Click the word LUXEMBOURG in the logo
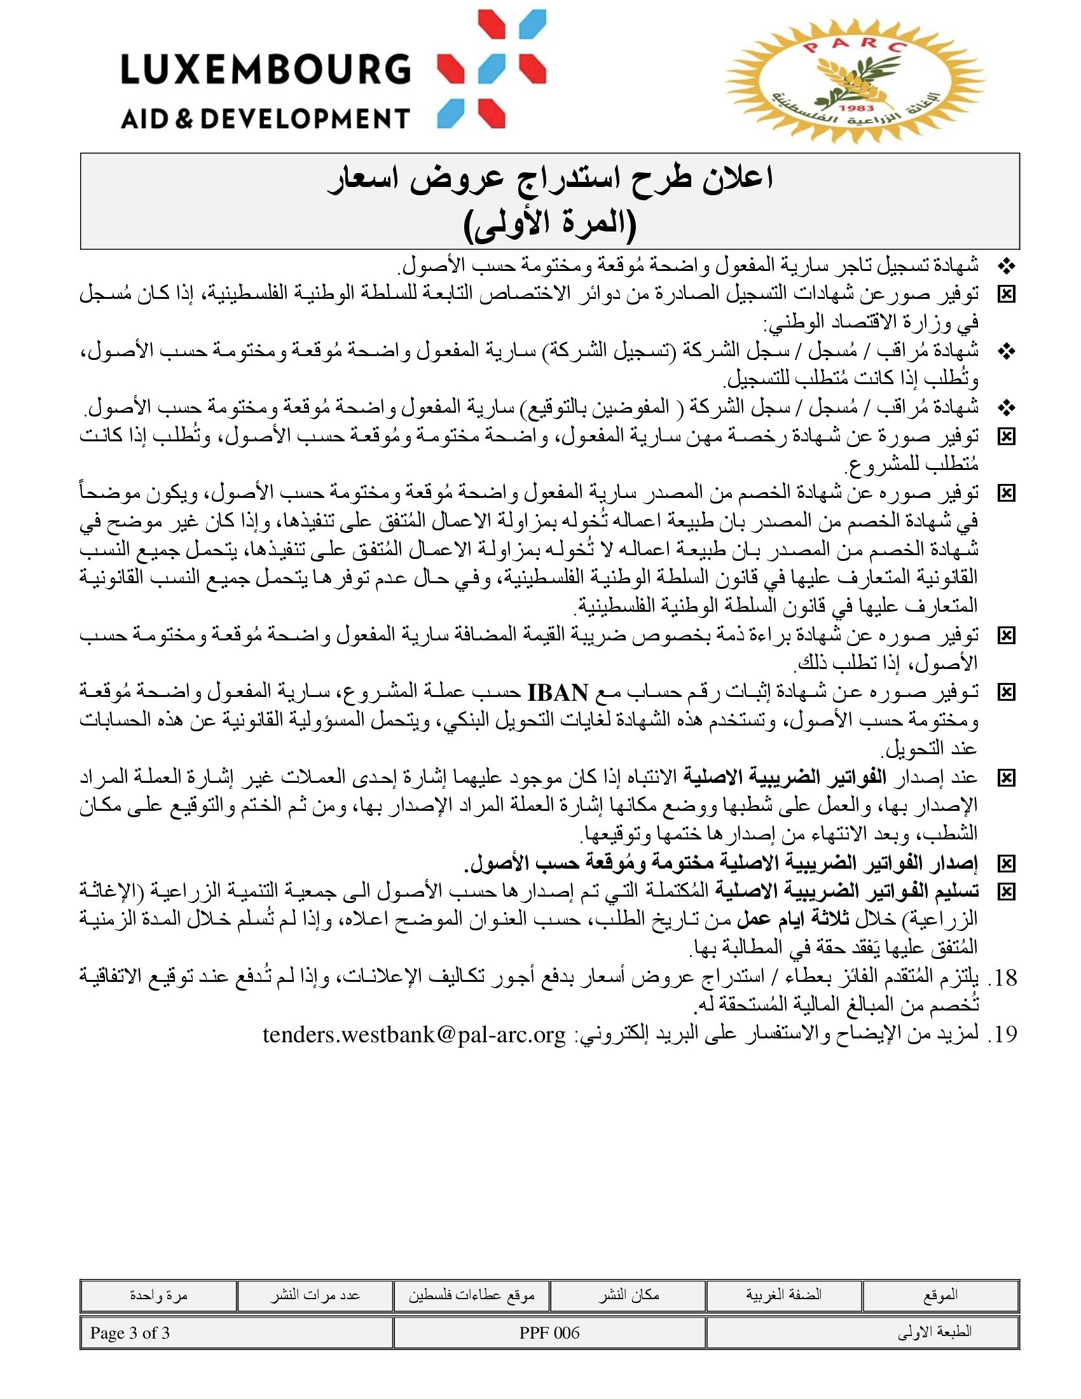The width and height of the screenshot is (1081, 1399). [265, 69]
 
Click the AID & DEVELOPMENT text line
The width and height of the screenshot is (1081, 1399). [265, 118]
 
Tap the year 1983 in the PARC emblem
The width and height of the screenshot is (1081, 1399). [858, 109]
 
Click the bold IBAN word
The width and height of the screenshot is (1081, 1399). [557, 693]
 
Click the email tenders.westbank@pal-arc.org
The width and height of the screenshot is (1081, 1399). [415, 1035]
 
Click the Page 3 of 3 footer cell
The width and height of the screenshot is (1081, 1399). [130, 1333]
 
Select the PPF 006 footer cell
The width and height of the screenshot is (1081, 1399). [549, 1333]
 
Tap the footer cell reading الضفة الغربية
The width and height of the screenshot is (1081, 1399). [784, 1295]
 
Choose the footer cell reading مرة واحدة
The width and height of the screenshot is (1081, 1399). [159, 1295]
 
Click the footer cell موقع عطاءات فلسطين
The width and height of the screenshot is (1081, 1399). [472, 1295]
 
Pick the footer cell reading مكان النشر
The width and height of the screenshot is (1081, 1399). [628, 1295]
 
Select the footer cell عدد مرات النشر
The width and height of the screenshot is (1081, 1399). [315, 1295]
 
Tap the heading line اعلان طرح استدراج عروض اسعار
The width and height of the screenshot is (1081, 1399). [549, 179]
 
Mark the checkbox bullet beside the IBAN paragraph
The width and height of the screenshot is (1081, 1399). [1006, 693]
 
